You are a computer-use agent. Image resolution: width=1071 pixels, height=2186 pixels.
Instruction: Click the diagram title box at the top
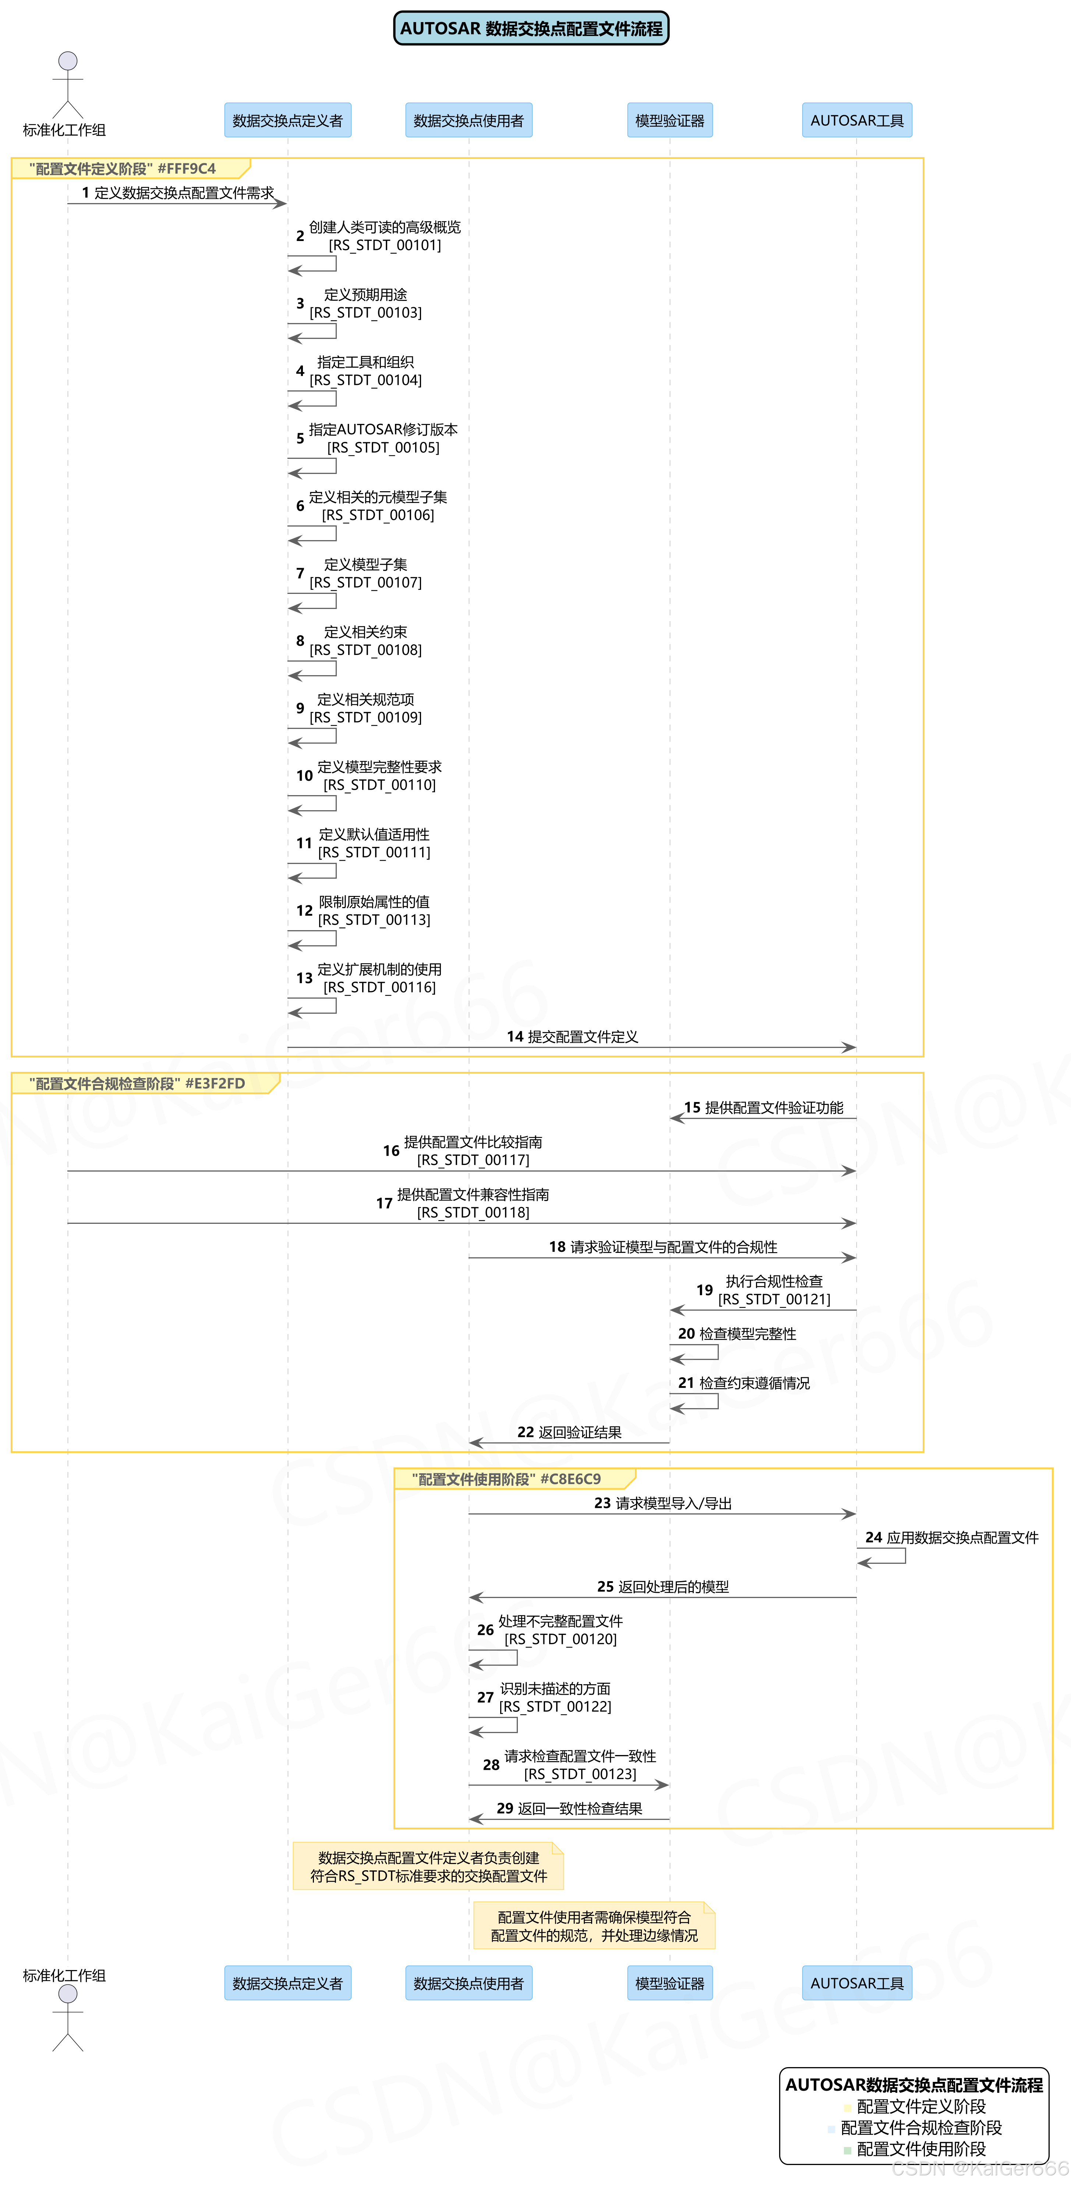pyautogui.click(x=531, y=28)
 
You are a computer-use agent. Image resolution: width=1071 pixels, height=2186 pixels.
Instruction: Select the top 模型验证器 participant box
pyautogui.click(x=669, y=120)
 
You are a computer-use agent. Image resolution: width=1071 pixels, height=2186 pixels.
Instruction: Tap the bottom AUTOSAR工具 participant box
pyautogui.click(x=856, y=1983)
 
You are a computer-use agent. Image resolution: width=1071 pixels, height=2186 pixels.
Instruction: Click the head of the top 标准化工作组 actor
pyautogui.click(x=68, y=61)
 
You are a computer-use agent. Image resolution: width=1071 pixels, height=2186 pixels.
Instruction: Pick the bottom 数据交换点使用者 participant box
pyautogui.click(x=469, y=1983)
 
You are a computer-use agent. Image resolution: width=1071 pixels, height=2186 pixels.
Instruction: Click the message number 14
pyautogui.click(x=514, y=1036)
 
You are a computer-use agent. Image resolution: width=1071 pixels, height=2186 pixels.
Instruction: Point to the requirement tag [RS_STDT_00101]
pyautogui.click(x=385, y=245)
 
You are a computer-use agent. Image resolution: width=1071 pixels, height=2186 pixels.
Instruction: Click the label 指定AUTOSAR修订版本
pyautogui.click(x=383, y=429)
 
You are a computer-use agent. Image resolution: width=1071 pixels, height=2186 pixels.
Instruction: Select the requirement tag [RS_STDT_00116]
pyautogui.click(x=379, y=987)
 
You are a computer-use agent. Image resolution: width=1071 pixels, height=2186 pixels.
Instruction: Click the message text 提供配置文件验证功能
pyautogui.click(x=774, y=1108)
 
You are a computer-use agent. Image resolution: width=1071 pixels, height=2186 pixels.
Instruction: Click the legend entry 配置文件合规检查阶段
pyautogui.click(x=921, y=2127)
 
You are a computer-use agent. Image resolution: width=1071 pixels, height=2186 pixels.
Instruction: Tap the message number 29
pyautogui.click(x=505, y=1808)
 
